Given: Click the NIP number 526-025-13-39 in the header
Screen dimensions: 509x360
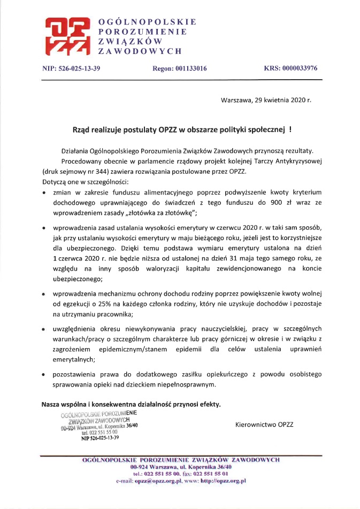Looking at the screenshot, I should click(x=86, y=68).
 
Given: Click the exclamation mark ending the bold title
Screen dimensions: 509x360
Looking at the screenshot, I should click(x=290, y=129).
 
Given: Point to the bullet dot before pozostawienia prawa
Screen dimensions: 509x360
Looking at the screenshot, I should click(x=44, y=374).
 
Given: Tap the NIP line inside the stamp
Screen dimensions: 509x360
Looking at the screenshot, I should click(x=100, y=437).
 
